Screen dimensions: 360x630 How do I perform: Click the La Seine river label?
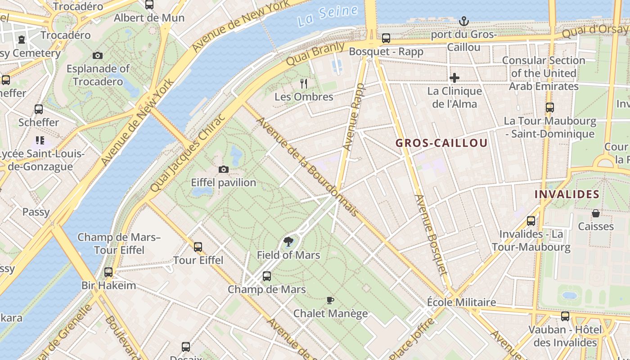click(x=328, y=15)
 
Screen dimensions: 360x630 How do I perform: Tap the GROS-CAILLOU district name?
click(x=441, y=144)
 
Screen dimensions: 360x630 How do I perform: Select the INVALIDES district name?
click(x=567, y=194)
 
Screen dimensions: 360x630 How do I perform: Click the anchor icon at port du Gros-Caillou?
click(x=463, y=21)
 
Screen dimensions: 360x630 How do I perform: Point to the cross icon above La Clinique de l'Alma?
click(x=454, y=78)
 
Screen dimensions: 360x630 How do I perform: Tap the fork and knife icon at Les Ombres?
click(x=304, y=83)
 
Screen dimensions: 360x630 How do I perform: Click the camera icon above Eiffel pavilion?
click(x=223, y=169)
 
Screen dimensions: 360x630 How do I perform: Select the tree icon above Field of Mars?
click(x=288, y=242)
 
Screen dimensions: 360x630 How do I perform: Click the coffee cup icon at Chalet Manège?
click(x=330, y=300)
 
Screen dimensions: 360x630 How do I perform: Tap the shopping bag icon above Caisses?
click(x=596, y=213)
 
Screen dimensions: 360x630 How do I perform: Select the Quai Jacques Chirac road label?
click(x=187, y=153)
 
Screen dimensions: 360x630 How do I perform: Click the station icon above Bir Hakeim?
click(x=108, y=272)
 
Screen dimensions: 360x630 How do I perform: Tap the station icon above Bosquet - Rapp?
click(x=386, y=38)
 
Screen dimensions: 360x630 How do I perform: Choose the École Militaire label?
click(x=461, y=302)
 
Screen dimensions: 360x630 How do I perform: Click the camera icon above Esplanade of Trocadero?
click(x=98, y=55)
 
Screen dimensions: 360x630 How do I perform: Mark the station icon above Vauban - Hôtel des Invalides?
click(x=565, y=316)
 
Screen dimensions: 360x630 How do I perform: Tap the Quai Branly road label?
click(x=315, y=54)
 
